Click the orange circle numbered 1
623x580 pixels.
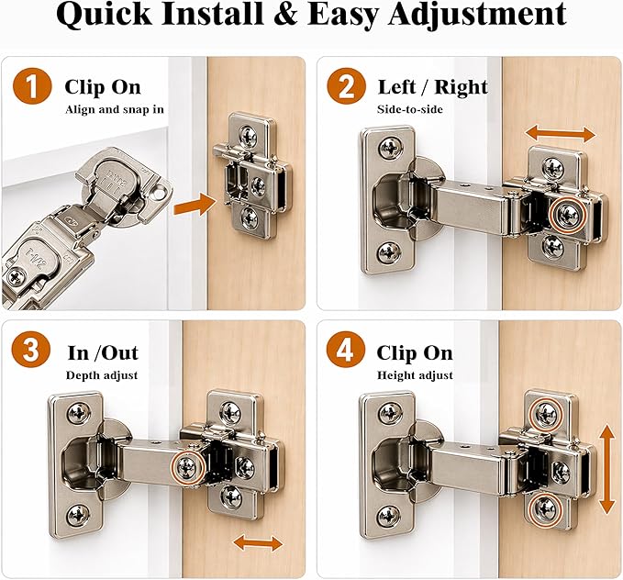pyautogui.click(x=32, y=85)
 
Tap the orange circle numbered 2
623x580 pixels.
pyautogui.click(x=346, y=85)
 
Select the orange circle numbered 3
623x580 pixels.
pyautogui.click(x=31, y=350)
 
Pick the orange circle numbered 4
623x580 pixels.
pyautogui.click(x=345, y=350)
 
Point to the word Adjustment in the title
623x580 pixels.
pyautogui.click(x=477, y=16)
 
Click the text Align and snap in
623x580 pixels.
pyautogui.click(x=115, y=109)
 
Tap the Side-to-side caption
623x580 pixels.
pyautogui.click(x=410, y=109)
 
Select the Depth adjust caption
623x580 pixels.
pyautogui.click(x=102, y=375)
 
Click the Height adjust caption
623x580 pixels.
pyautogui.click(x=415, y=375)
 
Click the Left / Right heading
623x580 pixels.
pyautogui.click(x=433, y=87)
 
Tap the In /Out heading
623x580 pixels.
pyautogui.click(x=103, y=352)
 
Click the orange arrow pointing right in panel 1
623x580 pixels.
pyautogui.click(x=195, y=205)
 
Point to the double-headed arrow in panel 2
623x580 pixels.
pyautogui.click(x=561, y=134)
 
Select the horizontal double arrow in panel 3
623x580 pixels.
pyautogui.click(x=258, y=542)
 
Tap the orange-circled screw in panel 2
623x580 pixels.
pyautogui.click(x=567, y=215)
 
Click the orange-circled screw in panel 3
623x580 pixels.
pyautogui.click(x=188, y=467)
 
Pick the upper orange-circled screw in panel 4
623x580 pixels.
pyautogui.click(x=546, y=414)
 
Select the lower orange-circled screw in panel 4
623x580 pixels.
pyautogui.click(x=546, y=508)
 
